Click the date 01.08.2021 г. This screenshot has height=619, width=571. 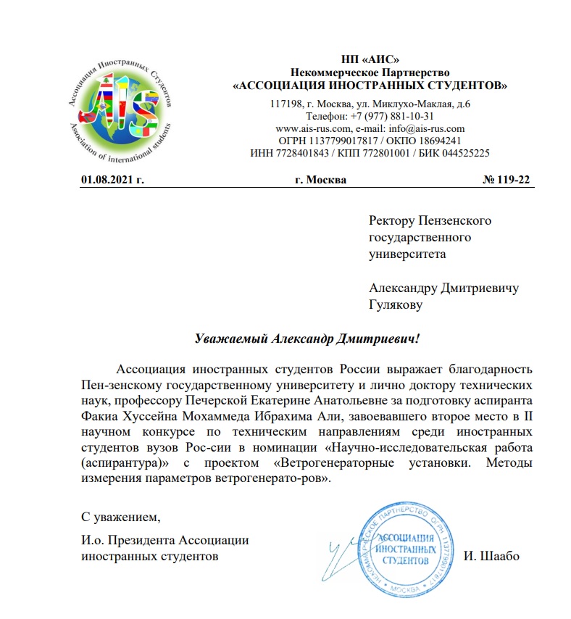tap(112, 179)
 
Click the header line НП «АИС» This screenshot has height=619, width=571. tap(370, 59)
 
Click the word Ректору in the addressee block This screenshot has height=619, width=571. tap(393, 220)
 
